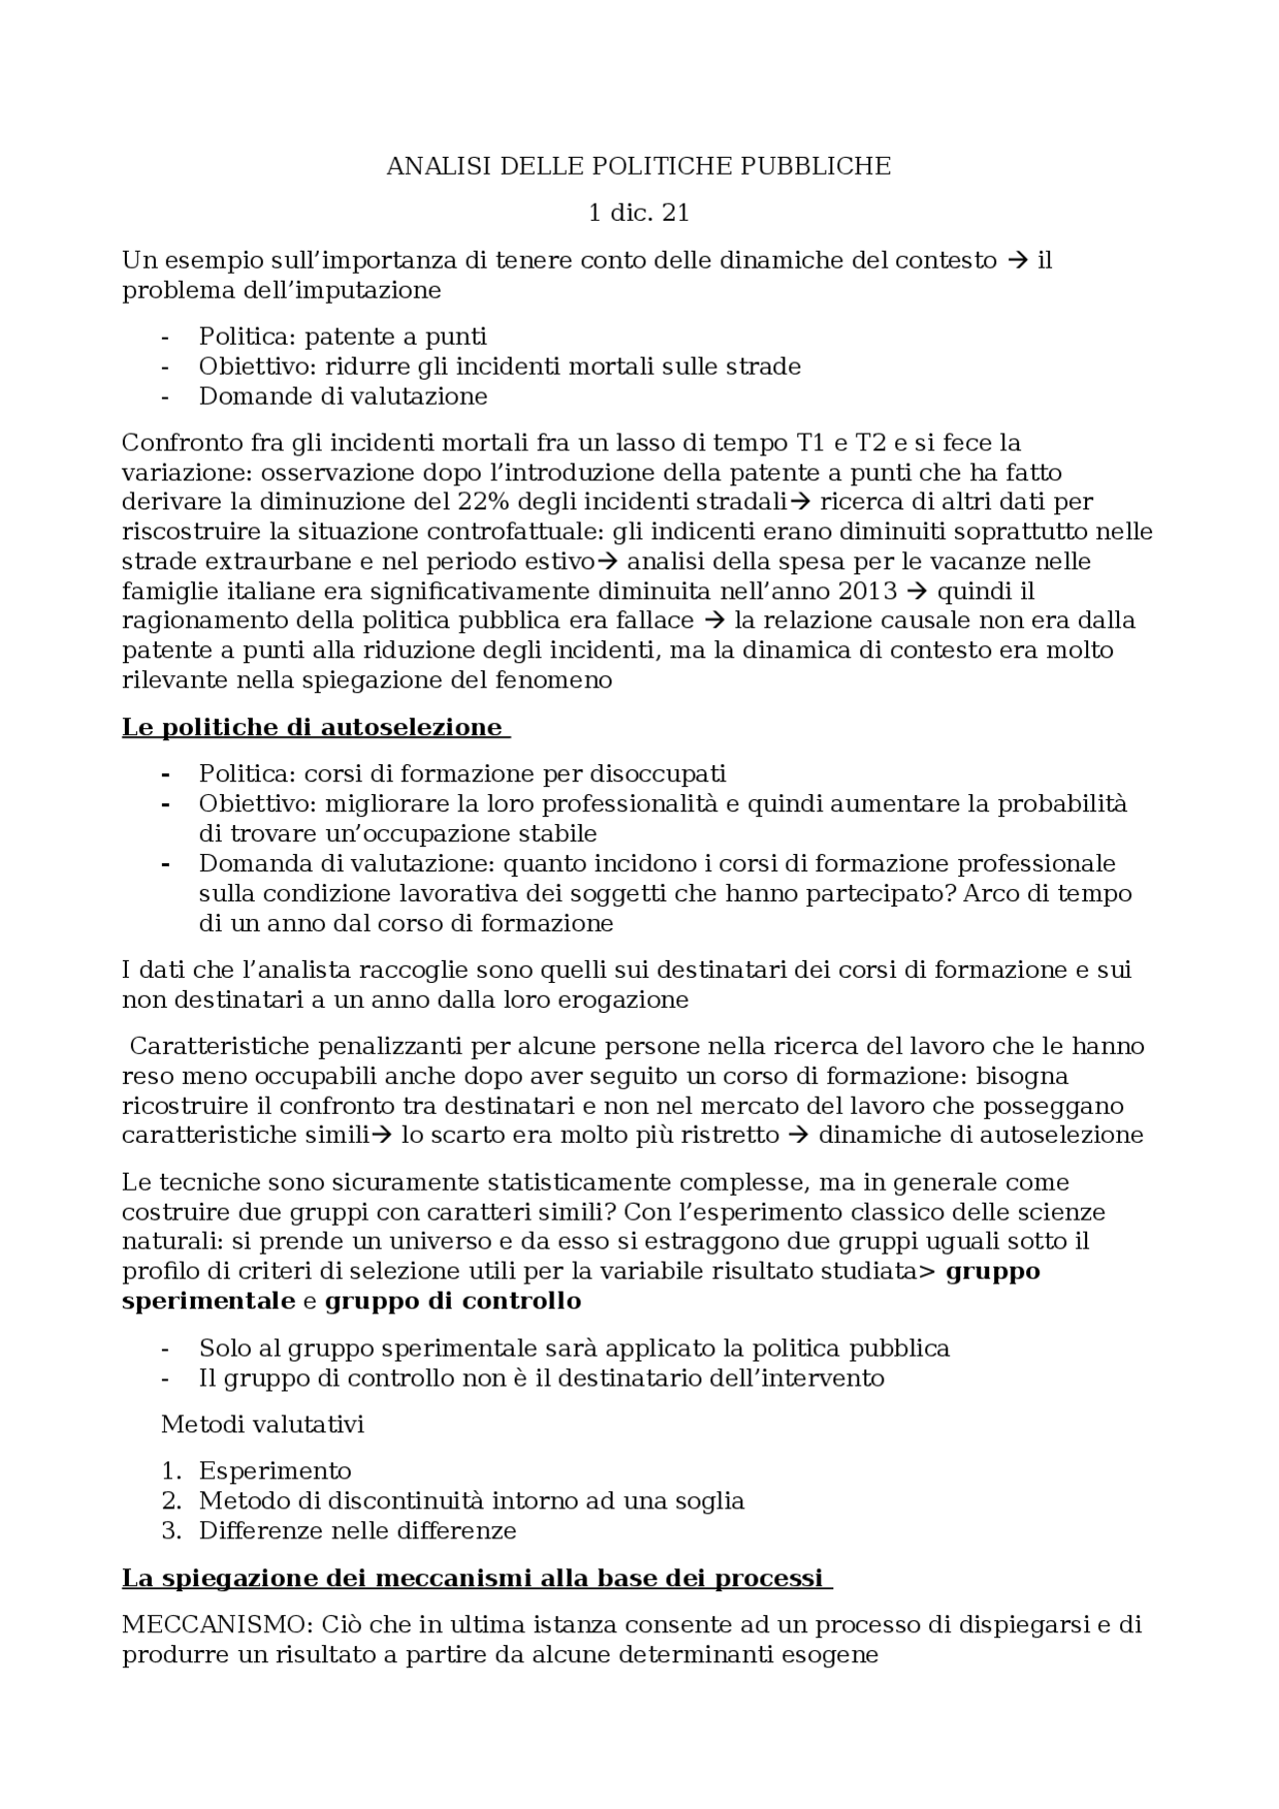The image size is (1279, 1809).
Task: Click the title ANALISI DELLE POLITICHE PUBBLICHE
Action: coord(639,167)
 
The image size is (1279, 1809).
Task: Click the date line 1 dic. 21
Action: coord(639,214)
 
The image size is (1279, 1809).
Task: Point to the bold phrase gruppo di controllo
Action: coord(453,1302)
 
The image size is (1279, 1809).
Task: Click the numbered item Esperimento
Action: coord(275,1470)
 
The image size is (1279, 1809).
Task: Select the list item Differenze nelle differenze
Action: coord(357,1530)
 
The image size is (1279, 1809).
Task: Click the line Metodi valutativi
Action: coord(263,1424)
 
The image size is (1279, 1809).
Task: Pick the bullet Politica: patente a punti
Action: coord(343,337)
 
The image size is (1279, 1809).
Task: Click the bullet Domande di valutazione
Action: coord(343,397)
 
